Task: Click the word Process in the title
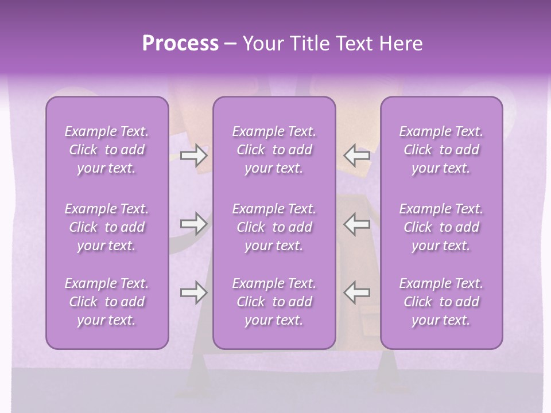180,44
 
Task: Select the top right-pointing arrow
194,155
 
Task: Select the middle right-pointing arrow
194,224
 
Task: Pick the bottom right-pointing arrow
194,293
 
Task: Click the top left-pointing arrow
356,155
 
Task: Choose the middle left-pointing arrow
356,224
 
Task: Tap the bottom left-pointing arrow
356,293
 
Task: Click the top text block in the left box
107,150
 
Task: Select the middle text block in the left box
107,227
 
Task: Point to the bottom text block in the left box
107,302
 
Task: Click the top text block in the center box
274,150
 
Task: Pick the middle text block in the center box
274,227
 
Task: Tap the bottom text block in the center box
274,302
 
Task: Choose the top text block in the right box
441,150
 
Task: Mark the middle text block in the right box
441,227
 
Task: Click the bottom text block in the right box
441,302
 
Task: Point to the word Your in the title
262,44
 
